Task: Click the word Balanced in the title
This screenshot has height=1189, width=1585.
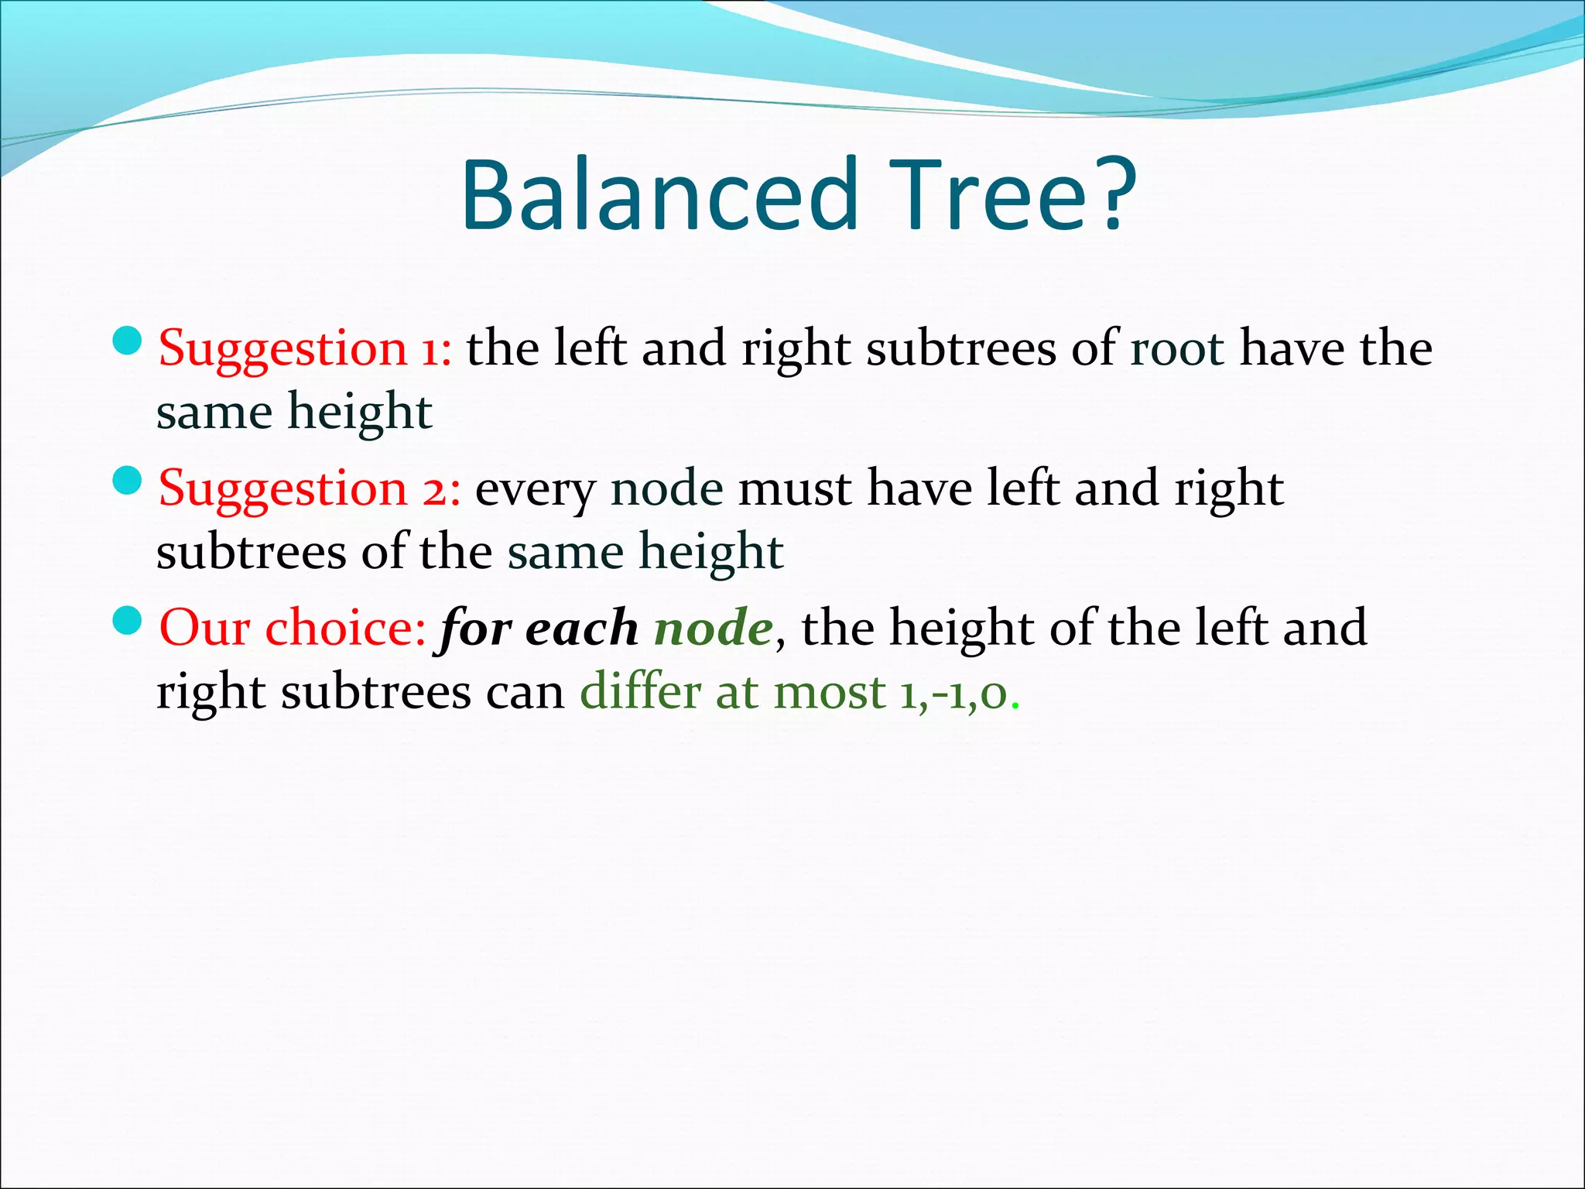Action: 660,195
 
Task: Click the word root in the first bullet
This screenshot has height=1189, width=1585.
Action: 1176,350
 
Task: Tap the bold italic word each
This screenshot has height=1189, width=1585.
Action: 581,628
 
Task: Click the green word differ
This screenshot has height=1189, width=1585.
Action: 640,690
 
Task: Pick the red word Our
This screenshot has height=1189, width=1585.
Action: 204,628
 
